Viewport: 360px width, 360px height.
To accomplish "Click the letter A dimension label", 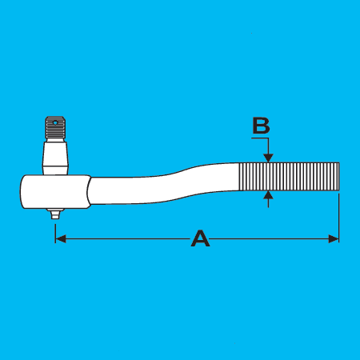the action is click(200, 238).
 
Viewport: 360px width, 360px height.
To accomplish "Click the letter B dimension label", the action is click(261, 126).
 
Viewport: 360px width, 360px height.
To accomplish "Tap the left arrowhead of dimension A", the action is click(61, 238).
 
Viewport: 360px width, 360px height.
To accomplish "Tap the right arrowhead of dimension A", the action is click(334, 238).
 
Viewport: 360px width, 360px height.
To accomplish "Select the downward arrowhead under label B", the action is click(268, 158).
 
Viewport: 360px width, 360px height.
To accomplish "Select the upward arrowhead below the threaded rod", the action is click(268, 195).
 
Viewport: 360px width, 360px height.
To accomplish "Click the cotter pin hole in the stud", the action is click(55, 123).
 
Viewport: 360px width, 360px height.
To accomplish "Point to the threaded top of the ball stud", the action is click(55, 127).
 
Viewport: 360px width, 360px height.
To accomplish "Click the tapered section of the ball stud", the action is click(55, 154).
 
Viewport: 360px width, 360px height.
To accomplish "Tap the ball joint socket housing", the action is click(55, 191).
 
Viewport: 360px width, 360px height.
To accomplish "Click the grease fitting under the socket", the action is click(55, 214).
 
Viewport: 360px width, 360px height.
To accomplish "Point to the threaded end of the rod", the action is click(289, 176).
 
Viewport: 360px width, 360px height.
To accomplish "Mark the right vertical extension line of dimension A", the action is click(338, 218).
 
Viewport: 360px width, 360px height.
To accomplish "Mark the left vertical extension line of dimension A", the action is click(55, 234).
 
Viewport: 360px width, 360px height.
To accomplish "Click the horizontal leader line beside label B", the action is click(260, 138).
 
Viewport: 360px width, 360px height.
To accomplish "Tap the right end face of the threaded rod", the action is click(338, 176).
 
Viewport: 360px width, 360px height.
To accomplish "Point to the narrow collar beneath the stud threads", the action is click(55, 140).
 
